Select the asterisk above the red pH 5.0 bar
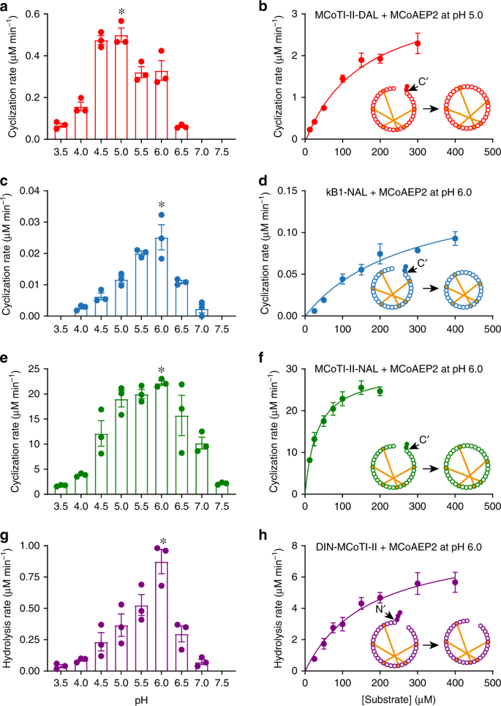click(x=121, y=12)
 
